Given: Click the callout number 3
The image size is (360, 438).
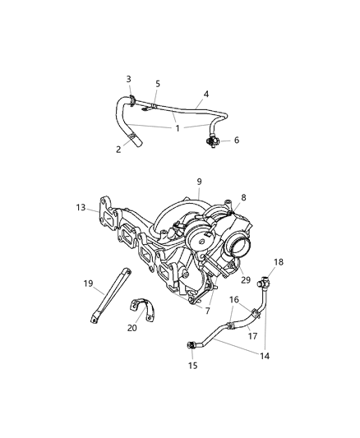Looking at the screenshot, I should click(x=128, y=79).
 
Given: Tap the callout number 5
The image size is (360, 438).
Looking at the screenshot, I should click(x=158, y=84).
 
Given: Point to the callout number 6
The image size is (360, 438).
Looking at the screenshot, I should click(x=236, y=141).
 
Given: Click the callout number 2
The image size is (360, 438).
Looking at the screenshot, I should click(x=118, y=150).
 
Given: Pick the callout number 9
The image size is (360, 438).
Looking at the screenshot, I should click(x=198, y=182).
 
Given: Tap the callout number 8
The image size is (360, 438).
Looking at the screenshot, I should click(x=242, y=199).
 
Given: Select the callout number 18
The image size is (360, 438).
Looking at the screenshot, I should click(x=278, y=262).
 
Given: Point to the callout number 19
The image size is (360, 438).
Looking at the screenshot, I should click(x=88, y=284).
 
